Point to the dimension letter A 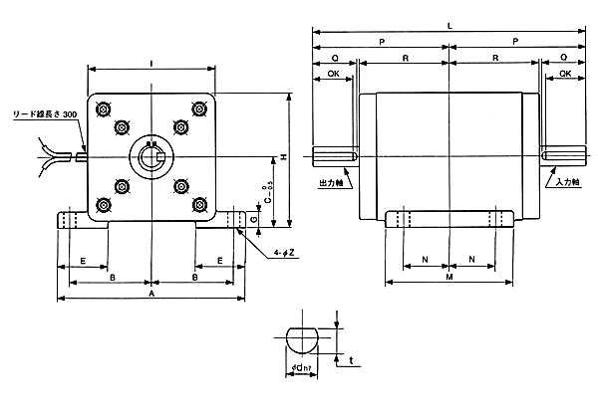tap(150, 295)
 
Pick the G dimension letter tap(255, 217)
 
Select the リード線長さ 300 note tap(44, 115)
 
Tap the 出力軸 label tap(330, 184)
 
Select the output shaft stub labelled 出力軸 tap(334, 156)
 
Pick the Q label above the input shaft tap(566, 58)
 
